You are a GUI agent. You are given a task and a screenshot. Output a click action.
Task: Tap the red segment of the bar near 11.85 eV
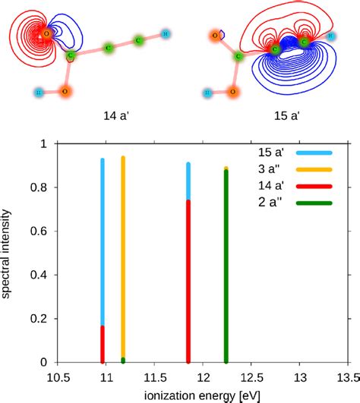coord(188,281)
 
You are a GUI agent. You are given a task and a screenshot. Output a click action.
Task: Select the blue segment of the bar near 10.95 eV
coord(103,243)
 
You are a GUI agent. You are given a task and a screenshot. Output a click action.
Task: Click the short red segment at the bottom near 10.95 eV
coord(103,345)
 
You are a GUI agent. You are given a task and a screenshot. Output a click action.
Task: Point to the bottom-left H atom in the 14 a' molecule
coord(39,92)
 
